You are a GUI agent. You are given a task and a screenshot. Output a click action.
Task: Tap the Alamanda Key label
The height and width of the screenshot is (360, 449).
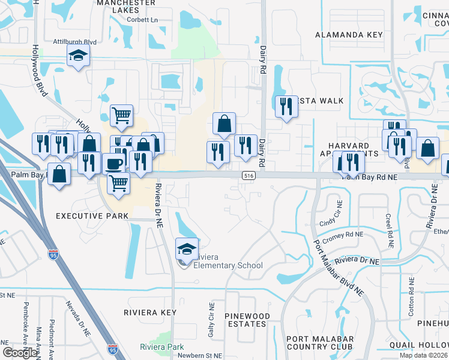click(x=349, y=35)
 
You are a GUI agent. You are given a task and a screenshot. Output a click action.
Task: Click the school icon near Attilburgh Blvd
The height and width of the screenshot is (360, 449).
click(x=77, y=57)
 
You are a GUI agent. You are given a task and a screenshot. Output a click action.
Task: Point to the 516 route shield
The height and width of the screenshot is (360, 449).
click(x=249, y=175)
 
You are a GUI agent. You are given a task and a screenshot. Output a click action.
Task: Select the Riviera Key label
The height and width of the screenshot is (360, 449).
click(x=150, y=313)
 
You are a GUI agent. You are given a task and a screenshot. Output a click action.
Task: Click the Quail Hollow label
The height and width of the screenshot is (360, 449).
click(x=420, y=344)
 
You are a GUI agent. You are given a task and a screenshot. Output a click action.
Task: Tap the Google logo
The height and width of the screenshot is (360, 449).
click(x=19, y=353)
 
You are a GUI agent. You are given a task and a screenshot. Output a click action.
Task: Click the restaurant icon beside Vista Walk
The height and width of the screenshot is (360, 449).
click(x=285, y=106)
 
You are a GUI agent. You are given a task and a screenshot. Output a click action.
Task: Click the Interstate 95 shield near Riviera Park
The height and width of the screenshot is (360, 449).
click(x=113, y=348)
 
